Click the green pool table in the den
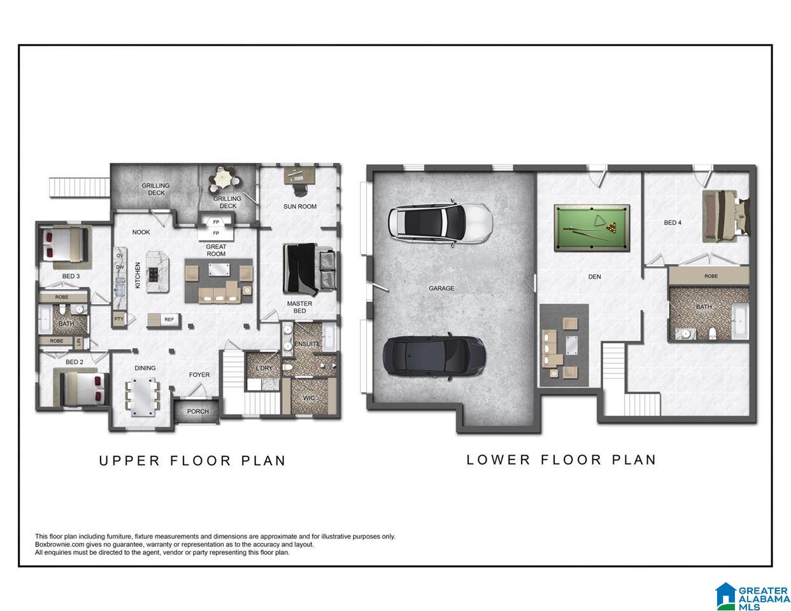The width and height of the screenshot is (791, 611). [x=592, y=228]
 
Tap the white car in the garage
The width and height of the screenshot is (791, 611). [x=440, y=223]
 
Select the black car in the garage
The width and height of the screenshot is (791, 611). [x=434, y=356]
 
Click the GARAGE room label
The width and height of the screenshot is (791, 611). [x=441, y=288]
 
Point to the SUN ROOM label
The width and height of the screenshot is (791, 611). [x=299, y=207]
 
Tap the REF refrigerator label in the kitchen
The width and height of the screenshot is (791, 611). [x=169, y=320]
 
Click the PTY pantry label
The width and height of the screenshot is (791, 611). [x=118, y=319]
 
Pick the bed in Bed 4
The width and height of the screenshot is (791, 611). [x=725, y=216]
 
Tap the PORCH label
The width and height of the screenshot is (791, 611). [x=197, y=411]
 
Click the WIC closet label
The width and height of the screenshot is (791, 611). [x=309, y=398]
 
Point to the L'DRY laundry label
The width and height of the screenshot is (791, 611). [x=264, y=368]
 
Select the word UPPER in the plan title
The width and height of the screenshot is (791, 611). [x=129, y=461]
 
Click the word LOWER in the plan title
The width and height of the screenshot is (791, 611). [x=498, y=460]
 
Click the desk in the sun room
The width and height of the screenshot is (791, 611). [x=299, y=174]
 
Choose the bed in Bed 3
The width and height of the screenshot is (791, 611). [x=65, y=244]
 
